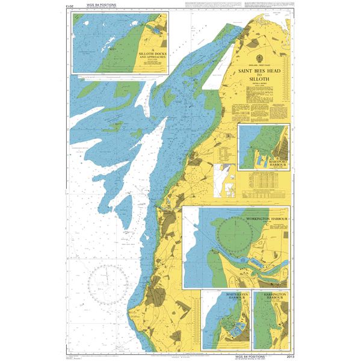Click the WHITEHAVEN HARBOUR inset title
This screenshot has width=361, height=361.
pyautogui.click(x=227, y=298)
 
